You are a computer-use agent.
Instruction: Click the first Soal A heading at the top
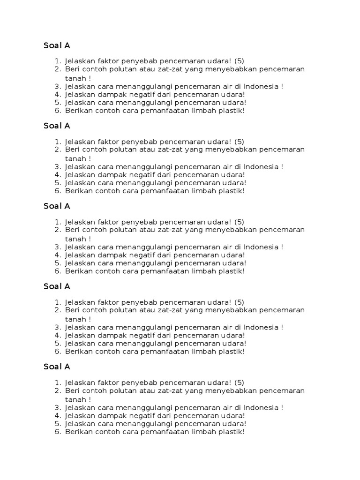pos(57,45)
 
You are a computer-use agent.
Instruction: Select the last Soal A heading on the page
pos(57,367)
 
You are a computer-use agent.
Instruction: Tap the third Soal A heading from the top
pos(57,206)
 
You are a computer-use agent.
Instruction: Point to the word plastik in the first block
pos(232,111)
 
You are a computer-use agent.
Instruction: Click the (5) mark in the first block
pos(240,61)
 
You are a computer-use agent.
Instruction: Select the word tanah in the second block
pos(75,158)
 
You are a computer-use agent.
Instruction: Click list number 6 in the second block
pos(58,191)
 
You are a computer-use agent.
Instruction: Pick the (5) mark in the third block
pos(240,222)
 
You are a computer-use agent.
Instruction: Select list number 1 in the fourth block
pos(58,302)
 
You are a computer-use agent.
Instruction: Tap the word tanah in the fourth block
pos(75,319)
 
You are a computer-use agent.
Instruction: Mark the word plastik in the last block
pos(232,431)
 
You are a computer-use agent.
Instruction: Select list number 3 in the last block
pos(58,407)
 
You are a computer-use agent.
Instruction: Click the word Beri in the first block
pos(73,69)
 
